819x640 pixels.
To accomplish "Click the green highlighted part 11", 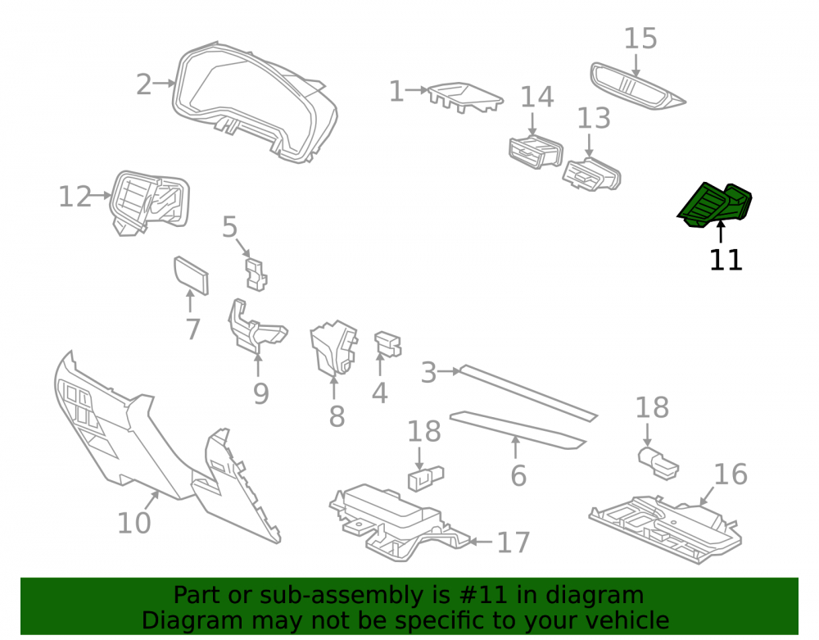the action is pos(714,206).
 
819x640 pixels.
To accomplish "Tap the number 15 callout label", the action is pos(640,39).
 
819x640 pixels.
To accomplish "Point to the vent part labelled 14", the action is pos(536,152).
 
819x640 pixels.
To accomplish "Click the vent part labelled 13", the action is pos(592,175).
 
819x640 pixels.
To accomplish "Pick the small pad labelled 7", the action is pos(191,275).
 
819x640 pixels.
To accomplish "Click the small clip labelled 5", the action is pos(256,274).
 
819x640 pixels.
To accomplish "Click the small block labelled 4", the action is pos(387,344).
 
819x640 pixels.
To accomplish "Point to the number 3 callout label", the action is pos(429,373).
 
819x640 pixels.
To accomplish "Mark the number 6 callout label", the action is pos(518,476).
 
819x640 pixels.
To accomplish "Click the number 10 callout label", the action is pos(134,523).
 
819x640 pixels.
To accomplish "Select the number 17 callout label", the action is pos(514,542).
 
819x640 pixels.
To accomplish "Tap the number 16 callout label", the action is pos(731,474).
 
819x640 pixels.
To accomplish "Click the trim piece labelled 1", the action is pos(465,98).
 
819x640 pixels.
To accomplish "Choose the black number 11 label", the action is pos(726,260).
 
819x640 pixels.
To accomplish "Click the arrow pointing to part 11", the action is pos(721,232).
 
